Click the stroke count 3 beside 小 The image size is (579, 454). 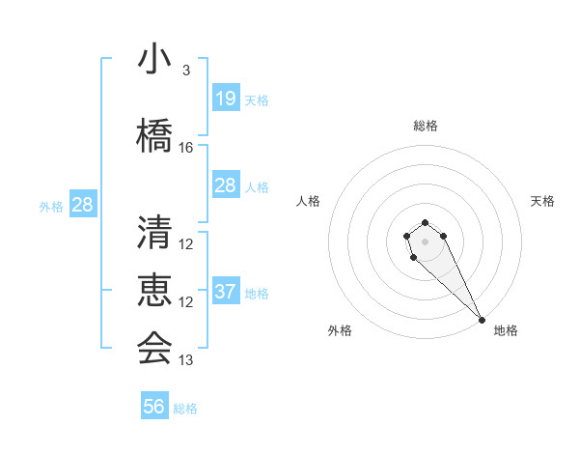(186, 71)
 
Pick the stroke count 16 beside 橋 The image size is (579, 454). (186, 148)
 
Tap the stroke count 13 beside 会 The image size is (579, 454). (186, 360)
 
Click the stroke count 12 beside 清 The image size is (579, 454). (186, 244)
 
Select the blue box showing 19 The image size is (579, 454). (225, 99)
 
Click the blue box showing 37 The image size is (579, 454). (225, 292)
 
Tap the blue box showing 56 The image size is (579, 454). (153, 407)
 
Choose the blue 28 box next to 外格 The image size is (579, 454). (82, 205)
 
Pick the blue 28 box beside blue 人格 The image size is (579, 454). (225, 185)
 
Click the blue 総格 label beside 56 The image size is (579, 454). (185, 409)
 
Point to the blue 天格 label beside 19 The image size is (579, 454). (257, 100)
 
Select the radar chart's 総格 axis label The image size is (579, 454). (426, 126)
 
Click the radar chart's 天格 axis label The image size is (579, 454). (542, 201)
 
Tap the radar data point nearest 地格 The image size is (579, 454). (482, 320)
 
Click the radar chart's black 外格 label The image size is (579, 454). (340, 330)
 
